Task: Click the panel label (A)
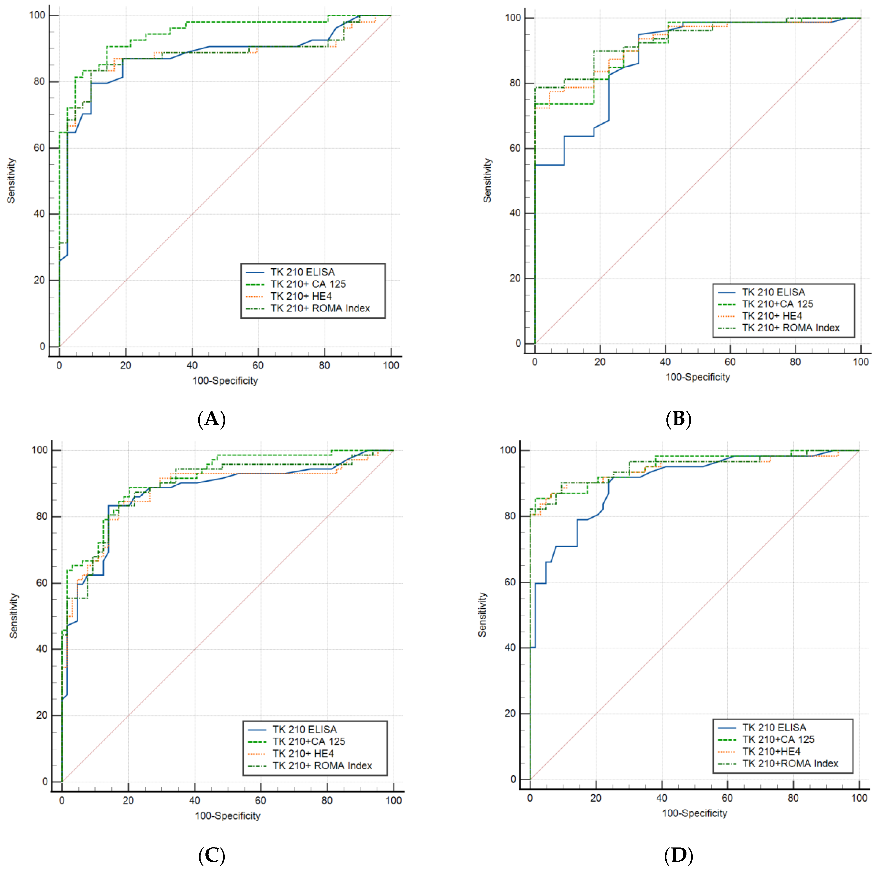coord(211,418)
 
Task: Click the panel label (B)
coord(678,418)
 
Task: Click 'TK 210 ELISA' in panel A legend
coord(303,272)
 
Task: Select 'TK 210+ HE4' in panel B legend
coord(772,316)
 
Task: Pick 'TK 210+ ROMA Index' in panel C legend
coord(322,766)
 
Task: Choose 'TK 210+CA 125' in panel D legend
coord(778,739)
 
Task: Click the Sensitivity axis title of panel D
coord(482,615)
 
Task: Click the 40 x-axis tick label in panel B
coord(665,362)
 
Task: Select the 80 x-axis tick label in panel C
coord(327,800)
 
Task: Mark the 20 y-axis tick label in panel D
coord(510,714)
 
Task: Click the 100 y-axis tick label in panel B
coord(513,18)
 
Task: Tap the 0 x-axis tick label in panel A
coord(59,366)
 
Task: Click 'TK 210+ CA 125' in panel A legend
coord(308,284)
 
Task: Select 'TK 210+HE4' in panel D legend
coord(771,752)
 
